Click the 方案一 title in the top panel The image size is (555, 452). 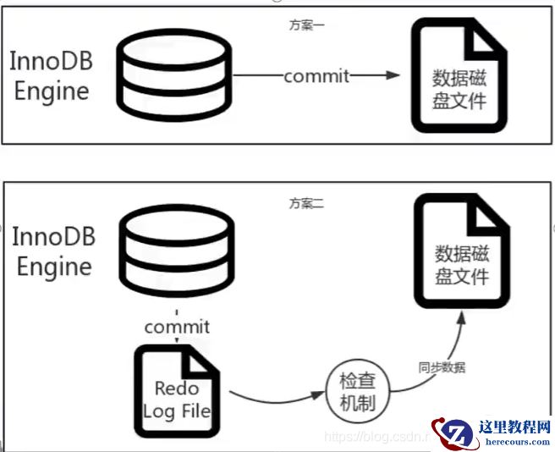[306, 25]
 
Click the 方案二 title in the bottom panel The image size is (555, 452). [306, 203]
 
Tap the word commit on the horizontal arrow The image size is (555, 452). [316, 75]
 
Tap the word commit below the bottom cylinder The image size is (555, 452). [177, 326]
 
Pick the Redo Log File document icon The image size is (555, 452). [176, 394]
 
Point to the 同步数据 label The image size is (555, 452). [441, 368]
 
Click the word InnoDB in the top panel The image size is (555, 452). [51, 61]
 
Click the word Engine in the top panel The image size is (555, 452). [51, 91]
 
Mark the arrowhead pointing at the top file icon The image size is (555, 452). [392, 75]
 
